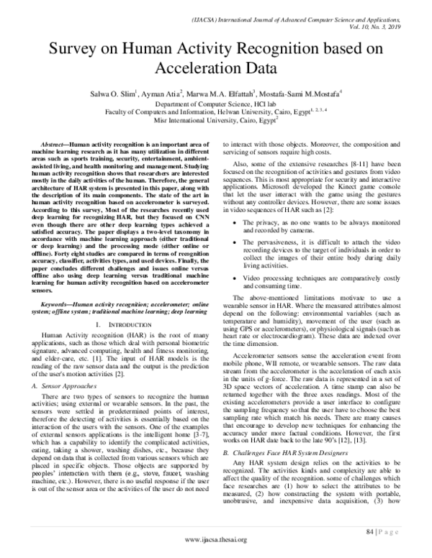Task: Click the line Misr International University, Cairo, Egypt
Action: point(215,122)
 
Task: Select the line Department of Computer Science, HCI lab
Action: point(215,104)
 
